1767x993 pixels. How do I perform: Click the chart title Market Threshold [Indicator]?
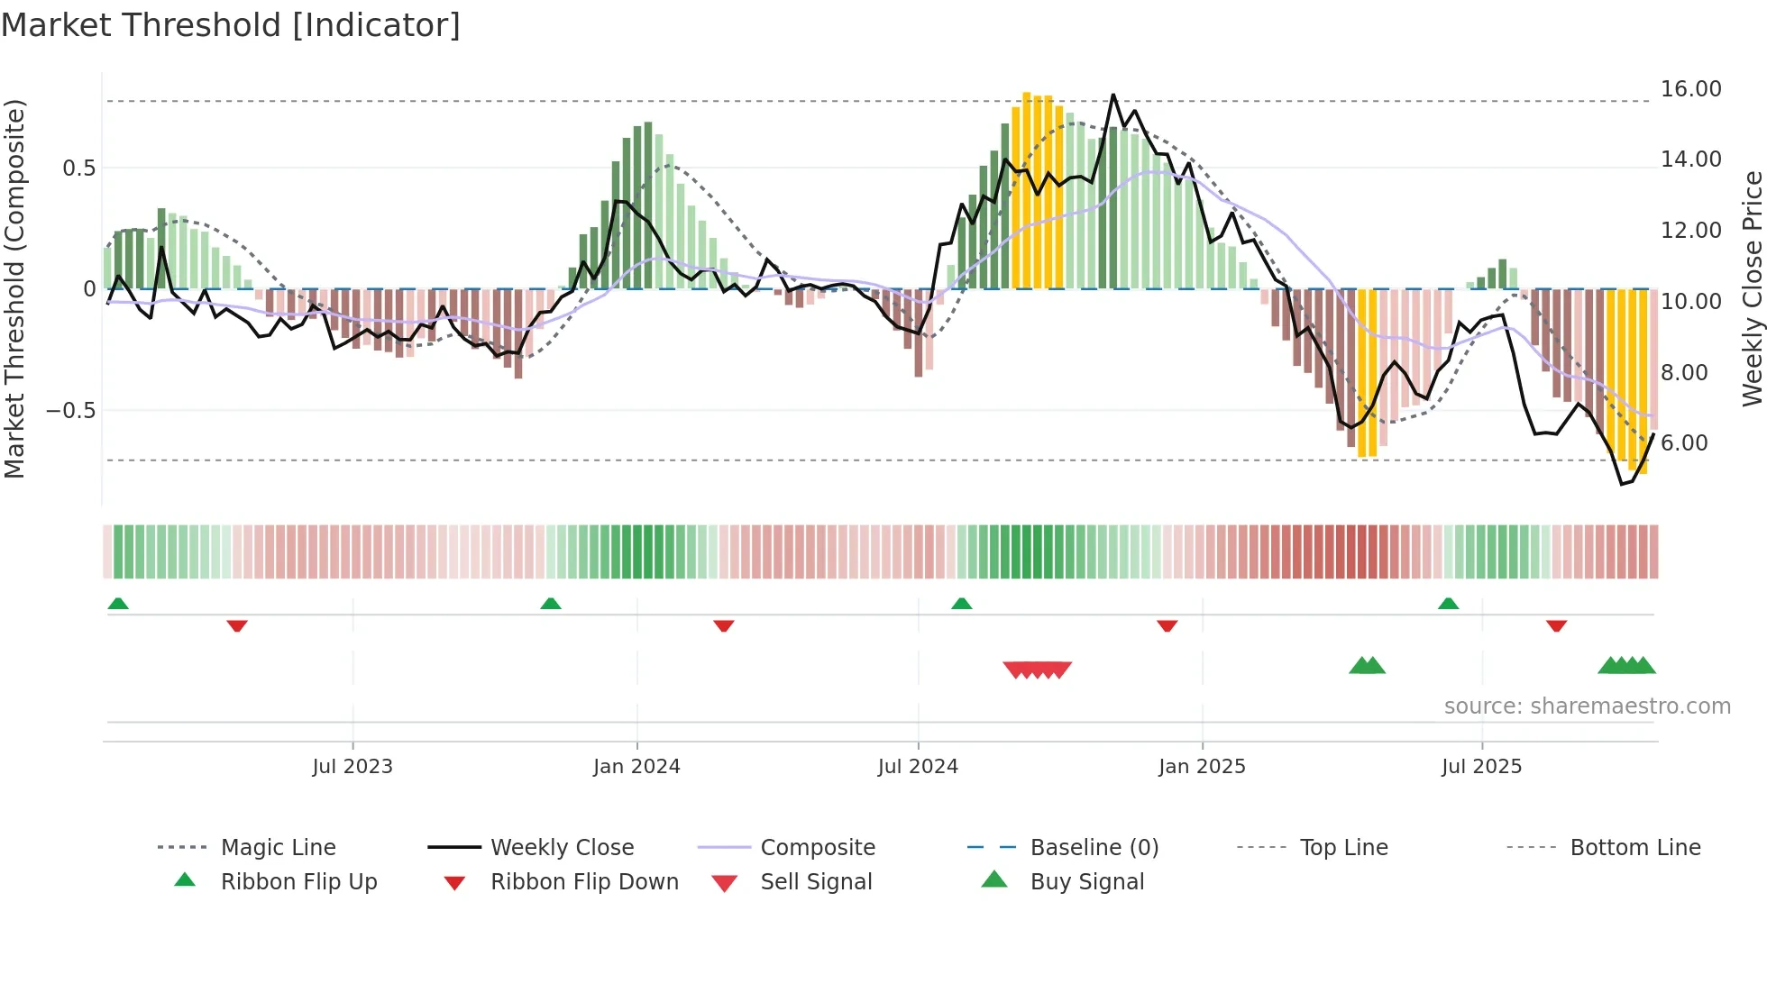(x=231, y=25)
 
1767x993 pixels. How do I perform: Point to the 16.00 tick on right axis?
(x=1690, y=89)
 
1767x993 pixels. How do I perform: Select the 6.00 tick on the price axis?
(x=1684, y=443)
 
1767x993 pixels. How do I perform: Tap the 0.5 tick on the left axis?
(x=78, y=169)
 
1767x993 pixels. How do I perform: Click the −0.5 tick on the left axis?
(x=70, y=411)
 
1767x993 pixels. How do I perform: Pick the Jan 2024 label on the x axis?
(x=636, y=767)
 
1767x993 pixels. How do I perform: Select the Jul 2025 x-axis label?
(x=1481, y=767)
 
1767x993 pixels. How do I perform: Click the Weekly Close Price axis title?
(x=1752, y=288)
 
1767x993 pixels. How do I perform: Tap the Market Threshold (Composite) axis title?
(x=14, y=288)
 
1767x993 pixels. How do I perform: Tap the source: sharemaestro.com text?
(x=1587, y=706)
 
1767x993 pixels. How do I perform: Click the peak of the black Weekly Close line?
(x=1113, y=95)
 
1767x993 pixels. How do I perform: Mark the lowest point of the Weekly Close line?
(x=1622, y=485)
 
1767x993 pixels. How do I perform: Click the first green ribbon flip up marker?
(x=118, y=604)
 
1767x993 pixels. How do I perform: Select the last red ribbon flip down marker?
(x=1556, y=625)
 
